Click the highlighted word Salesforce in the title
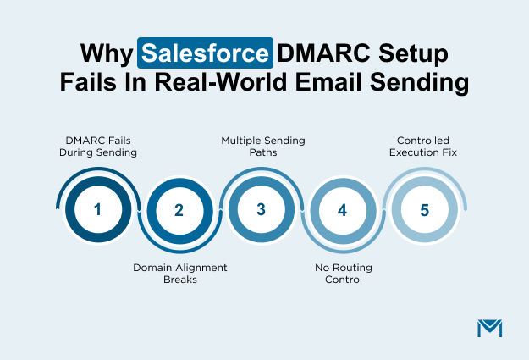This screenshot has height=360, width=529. pyautogui.click(x=207, y=53)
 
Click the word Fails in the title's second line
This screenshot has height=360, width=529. pyautogui.click(x=92, y=84)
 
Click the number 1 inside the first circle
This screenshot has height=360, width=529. pyautogui.click(x=97, y=209)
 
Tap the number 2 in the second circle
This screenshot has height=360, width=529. pyautogui.click(x=179, y=209)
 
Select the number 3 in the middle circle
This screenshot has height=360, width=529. pyautogui.click(x=261, y=209)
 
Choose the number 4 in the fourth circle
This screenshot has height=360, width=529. pyautogui.click(x=343, y=209)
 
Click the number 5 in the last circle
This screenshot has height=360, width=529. pyautogui.click(x=424, y=209)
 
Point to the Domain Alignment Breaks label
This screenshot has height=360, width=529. pyautogui.click(x=179, y=273)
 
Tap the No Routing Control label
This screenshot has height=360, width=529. pyautogui.click(x=343, y=273)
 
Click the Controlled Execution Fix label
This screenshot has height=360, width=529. pyautogui.click(x=425, y=146)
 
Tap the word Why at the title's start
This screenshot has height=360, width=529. pyautogui.click(x=106, y=53)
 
